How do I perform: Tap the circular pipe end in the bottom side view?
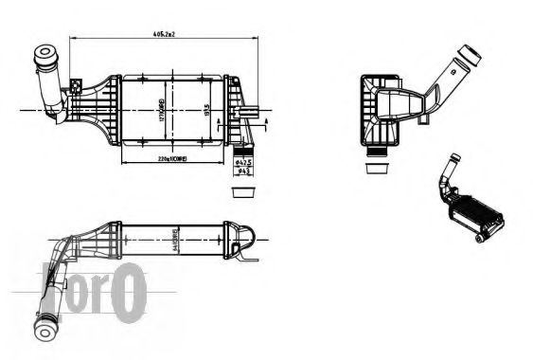coord(47,328)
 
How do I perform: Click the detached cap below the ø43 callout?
coord(243,192)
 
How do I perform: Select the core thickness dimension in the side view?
coord(175,236)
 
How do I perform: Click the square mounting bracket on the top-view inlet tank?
coord(76,90)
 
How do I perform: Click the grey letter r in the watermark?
coord(99,293)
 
